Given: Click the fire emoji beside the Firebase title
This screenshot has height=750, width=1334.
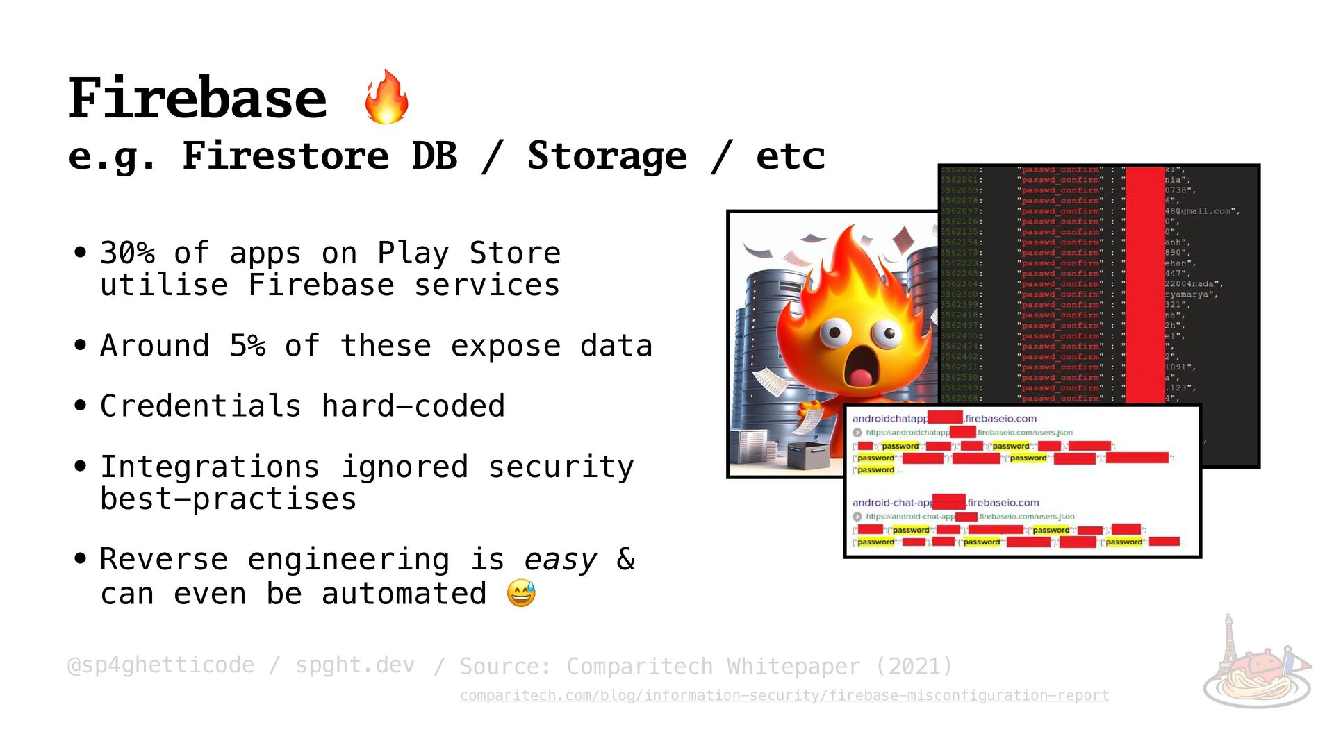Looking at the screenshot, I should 386,97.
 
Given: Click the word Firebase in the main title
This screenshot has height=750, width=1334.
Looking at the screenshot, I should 197,99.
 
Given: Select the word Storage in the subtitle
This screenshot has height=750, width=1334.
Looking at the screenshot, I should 607,156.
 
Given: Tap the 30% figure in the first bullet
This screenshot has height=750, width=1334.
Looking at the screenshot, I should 127,253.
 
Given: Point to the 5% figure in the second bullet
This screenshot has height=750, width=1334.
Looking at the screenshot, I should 247,346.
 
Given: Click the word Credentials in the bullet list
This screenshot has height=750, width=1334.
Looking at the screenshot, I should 200,406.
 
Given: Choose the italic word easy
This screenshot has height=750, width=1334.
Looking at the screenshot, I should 560,560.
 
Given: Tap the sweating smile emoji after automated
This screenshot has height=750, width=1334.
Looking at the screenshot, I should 521,594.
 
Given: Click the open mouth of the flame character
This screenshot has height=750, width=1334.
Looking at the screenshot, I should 860,367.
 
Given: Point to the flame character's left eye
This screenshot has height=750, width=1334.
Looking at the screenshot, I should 834,333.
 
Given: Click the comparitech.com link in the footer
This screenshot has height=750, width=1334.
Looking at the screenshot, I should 784,695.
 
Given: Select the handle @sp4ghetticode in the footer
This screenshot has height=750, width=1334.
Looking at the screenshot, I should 160,665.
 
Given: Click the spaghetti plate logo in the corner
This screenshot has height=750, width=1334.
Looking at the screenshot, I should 1257,667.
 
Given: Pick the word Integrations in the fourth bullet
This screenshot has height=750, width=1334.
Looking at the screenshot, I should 210,467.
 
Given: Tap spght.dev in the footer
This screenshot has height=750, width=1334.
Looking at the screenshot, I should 355,665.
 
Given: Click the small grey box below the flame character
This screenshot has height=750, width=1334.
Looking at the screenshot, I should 807,455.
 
